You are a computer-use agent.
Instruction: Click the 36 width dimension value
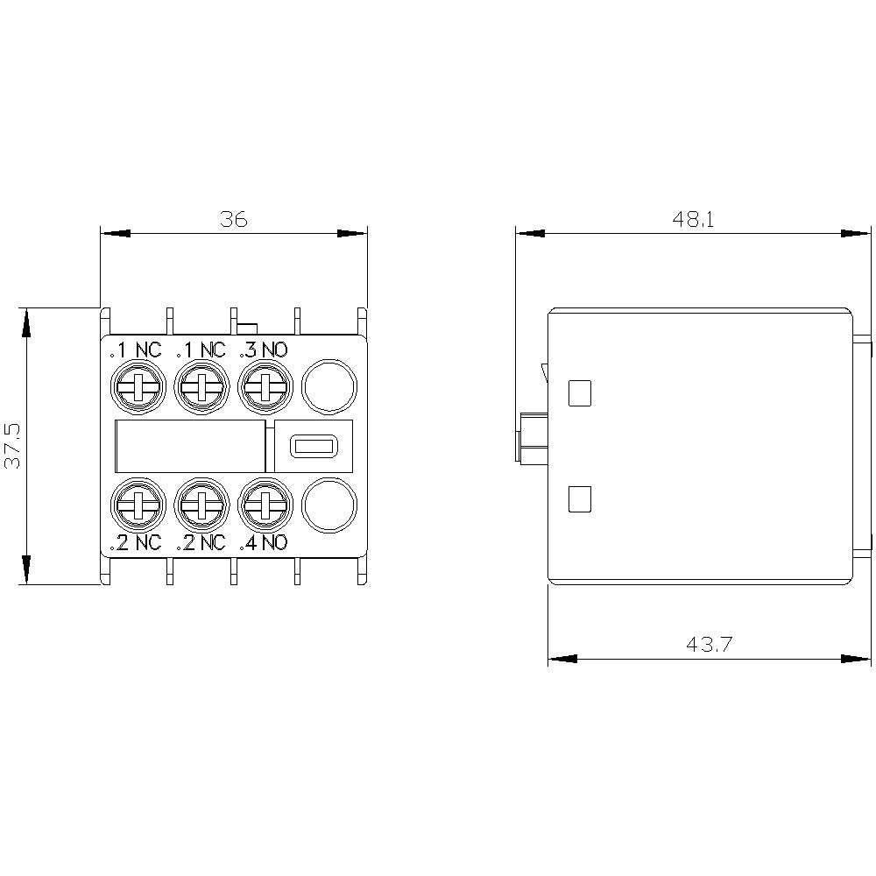[x=234, y=219]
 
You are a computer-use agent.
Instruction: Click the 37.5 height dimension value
[x=14, y=444]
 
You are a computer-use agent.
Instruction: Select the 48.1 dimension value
[x=694, y=219]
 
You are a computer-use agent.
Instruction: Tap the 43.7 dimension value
[x=710, y=645]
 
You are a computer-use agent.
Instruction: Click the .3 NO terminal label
[x=264, y=350]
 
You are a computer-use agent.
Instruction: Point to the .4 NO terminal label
[x=264, y=542]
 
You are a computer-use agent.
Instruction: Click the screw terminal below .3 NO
[x=265, y=385]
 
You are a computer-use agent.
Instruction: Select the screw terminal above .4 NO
[x=265, y=504]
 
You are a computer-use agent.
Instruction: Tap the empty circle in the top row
[x=330, y=385]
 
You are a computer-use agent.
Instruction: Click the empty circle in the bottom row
[x=330, y=504]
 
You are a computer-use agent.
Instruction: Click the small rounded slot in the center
[x=313, y=446]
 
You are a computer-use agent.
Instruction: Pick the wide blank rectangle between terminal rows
[x=191, y=446]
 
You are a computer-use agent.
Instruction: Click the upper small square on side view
[x=580, y=393]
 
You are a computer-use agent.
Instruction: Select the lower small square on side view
[x=580, y=499]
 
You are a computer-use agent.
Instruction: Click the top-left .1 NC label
[x=137, y=350]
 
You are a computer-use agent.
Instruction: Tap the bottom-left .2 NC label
[x=137, y=542]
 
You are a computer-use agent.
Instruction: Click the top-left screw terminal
[x=137, y=385]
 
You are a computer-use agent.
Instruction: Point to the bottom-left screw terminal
[x=137, y=504]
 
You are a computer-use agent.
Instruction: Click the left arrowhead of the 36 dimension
[x=115, y=234]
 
